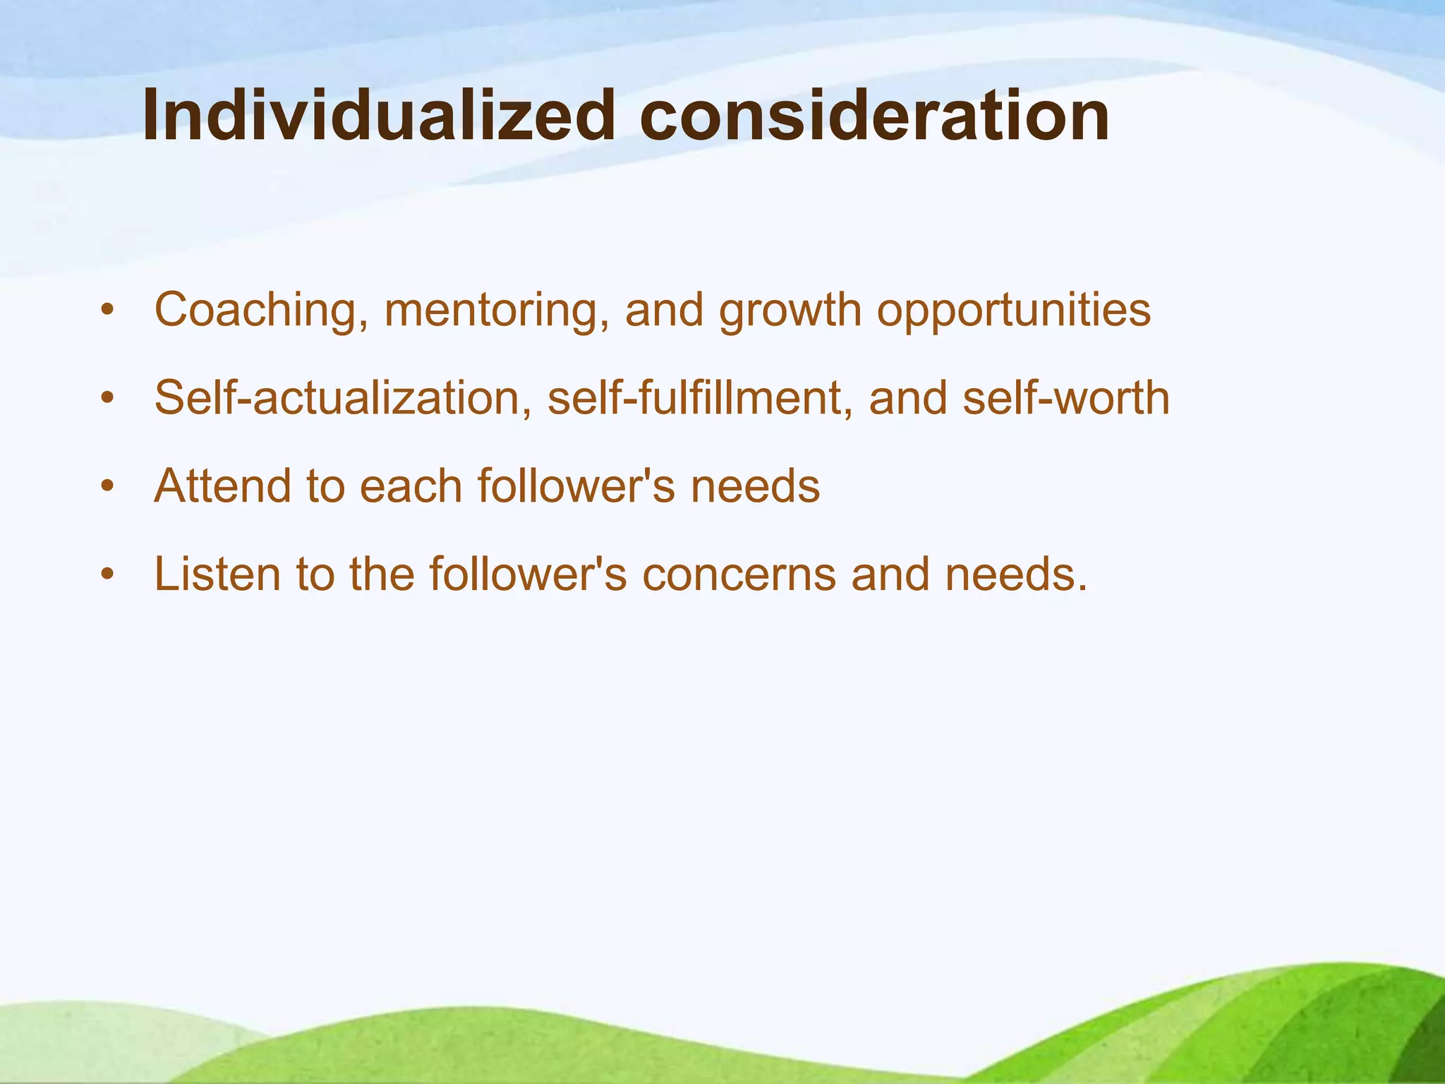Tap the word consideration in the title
coord(874,116)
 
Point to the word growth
coord(790,311)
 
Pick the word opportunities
coord(1013,311)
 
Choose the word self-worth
coord(1065,397)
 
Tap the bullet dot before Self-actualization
coord(107,399)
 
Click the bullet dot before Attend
coord(107,486)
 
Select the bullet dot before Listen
coord(107,574)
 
